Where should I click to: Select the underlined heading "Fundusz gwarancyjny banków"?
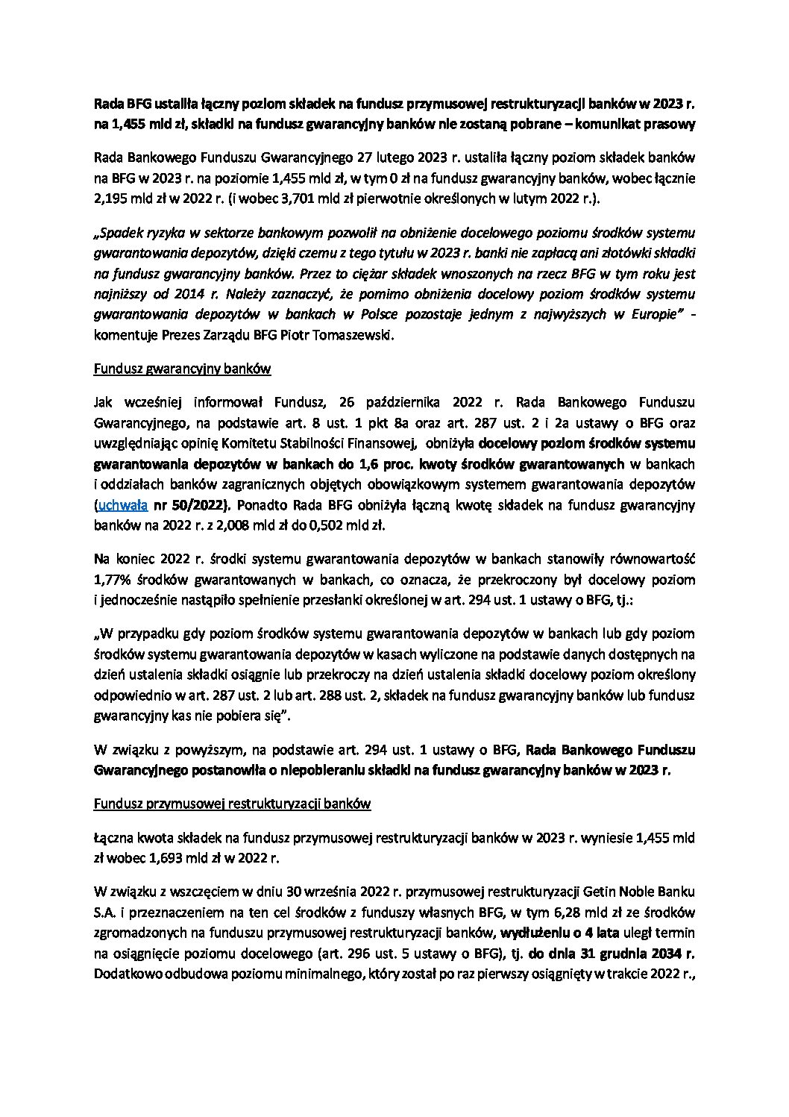[x=182, y=369]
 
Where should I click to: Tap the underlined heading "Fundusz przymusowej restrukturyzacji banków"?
[x=232, y=804]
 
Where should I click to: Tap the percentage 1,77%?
[x=111, y=579]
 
